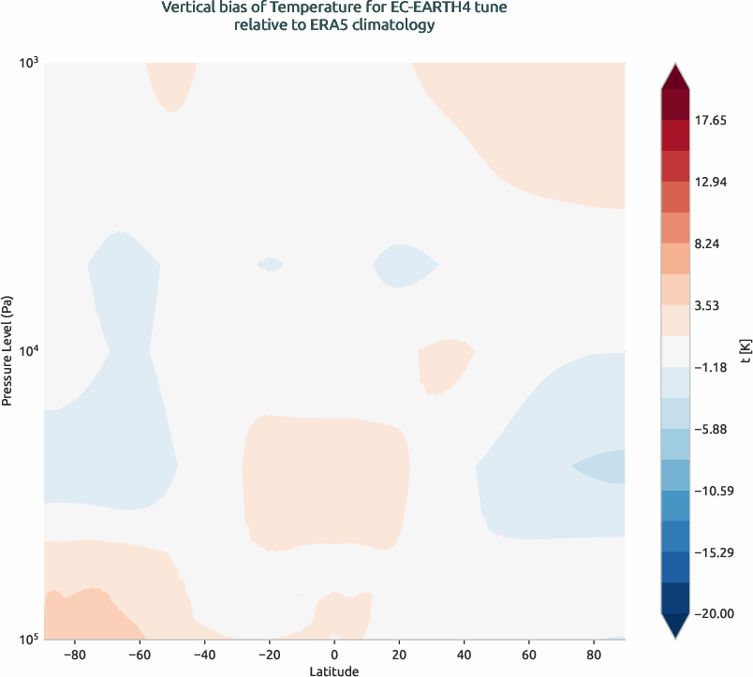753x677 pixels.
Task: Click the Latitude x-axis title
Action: (x=334, y=670)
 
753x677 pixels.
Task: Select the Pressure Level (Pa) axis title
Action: (x=7, y=351)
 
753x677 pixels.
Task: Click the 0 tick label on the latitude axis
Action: (x=334, y=654)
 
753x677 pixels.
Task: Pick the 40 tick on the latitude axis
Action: (x=465, y=654)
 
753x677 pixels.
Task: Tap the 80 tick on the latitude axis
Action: (x=594, y=654)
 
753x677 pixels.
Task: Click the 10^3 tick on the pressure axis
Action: (x=28, y=63)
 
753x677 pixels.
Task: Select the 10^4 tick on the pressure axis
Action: (x=28, y=351)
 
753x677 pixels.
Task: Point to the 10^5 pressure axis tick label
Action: (x=28, y=640)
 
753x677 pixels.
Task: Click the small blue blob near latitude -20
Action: (x=271, y=264)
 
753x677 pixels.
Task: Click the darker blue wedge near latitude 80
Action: (x=604, y=466)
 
